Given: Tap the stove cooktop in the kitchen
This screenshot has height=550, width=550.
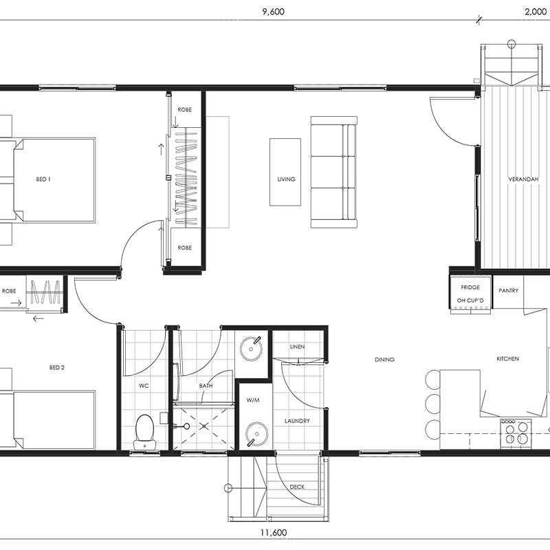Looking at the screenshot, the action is (516, 432).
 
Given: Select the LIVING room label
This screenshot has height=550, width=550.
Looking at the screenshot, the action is (286, 179).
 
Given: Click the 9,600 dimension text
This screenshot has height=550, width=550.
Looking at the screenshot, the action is (273, 12).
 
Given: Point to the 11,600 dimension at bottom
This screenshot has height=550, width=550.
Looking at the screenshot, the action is (274, 533).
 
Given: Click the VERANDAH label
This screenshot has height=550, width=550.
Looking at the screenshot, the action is (523, 179).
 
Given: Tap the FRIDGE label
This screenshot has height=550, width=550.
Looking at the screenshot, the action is (470, 287).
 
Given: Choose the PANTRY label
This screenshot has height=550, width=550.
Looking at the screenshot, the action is (508, 290).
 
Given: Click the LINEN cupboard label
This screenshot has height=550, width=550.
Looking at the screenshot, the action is (297, 346).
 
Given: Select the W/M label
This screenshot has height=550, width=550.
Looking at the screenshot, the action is (253, 400).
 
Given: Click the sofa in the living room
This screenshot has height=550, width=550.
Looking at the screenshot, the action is (333, 173).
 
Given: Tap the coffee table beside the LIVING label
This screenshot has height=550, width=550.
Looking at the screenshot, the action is (285, 172).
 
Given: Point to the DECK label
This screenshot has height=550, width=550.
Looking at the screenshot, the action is (297, 487).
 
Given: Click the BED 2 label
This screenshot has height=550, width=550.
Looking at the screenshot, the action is (57, 368).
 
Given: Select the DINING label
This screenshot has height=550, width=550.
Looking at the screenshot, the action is (384, 360).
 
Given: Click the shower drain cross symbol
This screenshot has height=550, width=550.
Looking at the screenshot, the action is (204, 426).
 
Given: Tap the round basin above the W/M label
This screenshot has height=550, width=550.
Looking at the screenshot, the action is (251, 349).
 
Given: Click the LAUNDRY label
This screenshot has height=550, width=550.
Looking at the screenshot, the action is (297, 421).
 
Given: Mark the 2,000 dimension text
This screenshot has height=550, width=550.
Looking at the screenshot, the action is (536, 12).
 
